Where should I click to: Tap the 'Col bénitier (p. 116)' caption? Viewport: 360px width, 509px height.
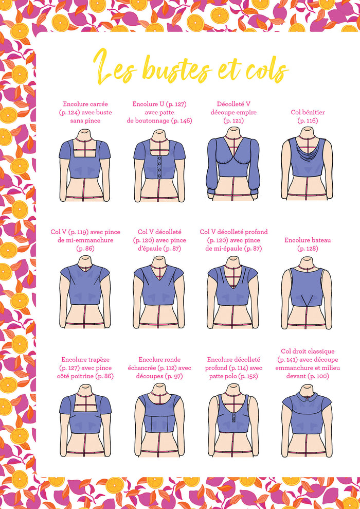pos(308,116)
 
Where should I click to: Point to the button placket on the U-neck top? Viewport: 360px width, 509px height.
pos(159,167)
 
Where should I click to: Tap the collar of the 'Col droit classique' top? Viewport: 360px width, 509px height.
pos(307,397)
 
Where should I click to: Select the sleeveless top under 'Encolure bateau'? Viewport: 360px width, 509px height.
pos(307,287)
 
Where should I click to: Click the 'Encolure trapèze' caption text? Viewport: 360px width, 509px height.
pos(85,359)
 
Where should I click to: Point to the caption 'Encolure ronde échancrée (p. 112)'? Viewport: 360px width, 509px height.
pos(159,363)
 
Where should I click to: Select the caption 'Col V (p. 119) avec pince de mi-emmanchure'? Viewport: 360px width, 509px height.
pos(85,236)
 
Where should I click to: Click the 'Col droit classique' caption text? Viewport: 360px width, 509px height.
pos(308,351)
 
